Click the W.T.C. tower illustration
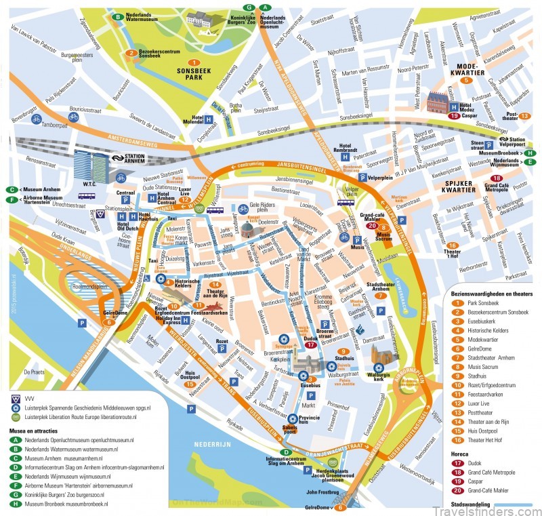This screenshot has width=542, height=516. point(91,166)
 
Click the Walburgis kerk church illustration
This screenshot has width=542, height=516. point(378,353)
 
